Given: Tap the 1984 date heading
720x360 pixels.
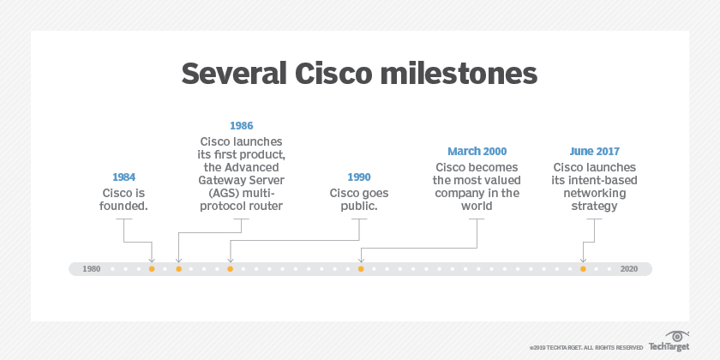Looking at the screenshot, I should tap(124, 177).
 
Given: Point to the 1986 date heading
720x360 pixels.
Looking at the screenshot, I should tap(241, 125).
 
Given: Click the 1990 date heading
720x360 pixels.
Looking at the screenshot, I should tap(359, 177).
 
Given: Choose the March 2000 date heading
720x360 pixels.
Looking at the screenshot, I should tap(476, 151).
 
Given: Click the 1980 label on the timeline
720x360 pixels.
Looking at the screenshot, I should tap(92, 269).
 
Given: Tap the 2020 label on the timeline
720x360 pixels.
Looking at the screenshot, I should tap(628, 269).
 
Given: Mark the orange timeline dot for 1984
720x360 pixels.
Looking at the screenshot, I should tap(152, 269).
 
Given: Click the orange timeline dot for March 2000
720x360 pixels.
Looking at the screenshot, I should tap(361, 269).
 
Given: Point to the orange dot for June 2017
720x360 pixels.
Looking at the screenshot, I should tap(583, 269).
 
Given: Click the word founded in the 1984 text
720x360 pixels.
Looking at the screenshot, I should tap(124, 207).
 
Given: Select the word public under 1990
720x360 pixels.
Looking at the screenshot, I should tap(359, 207).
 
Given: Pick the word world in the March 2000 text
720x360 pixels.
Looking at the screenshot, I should tap(476, 207).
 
